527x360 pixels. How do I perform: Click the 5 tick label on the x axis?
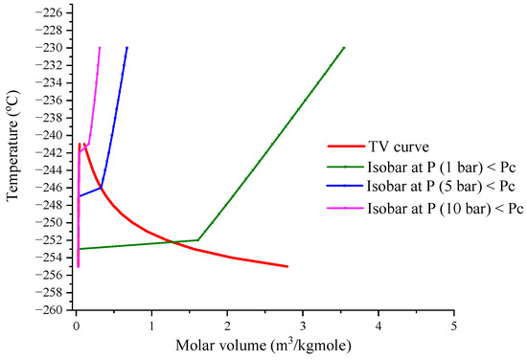click(x=454, y=324)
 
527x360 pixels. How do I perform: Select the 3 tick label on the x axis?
click(x=303, y=324)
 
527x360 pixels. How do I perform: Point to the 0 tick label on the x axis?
click(x=77, y=324)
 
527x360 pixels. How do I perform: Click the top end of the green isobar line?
click(x=343, y=48)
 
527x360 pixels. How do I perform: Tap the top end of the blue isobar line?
click(x=126, y=48)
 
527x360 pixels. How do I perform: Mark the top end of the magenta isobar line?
click(x=100, y=48)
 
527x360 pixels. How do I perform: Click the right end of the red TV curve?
click(x=286, y=266)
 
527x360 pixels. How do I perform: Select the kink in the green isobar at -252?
click(x=197, y=240)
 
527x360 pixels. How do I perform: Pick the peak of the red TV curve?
click(x=82, y=145)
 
